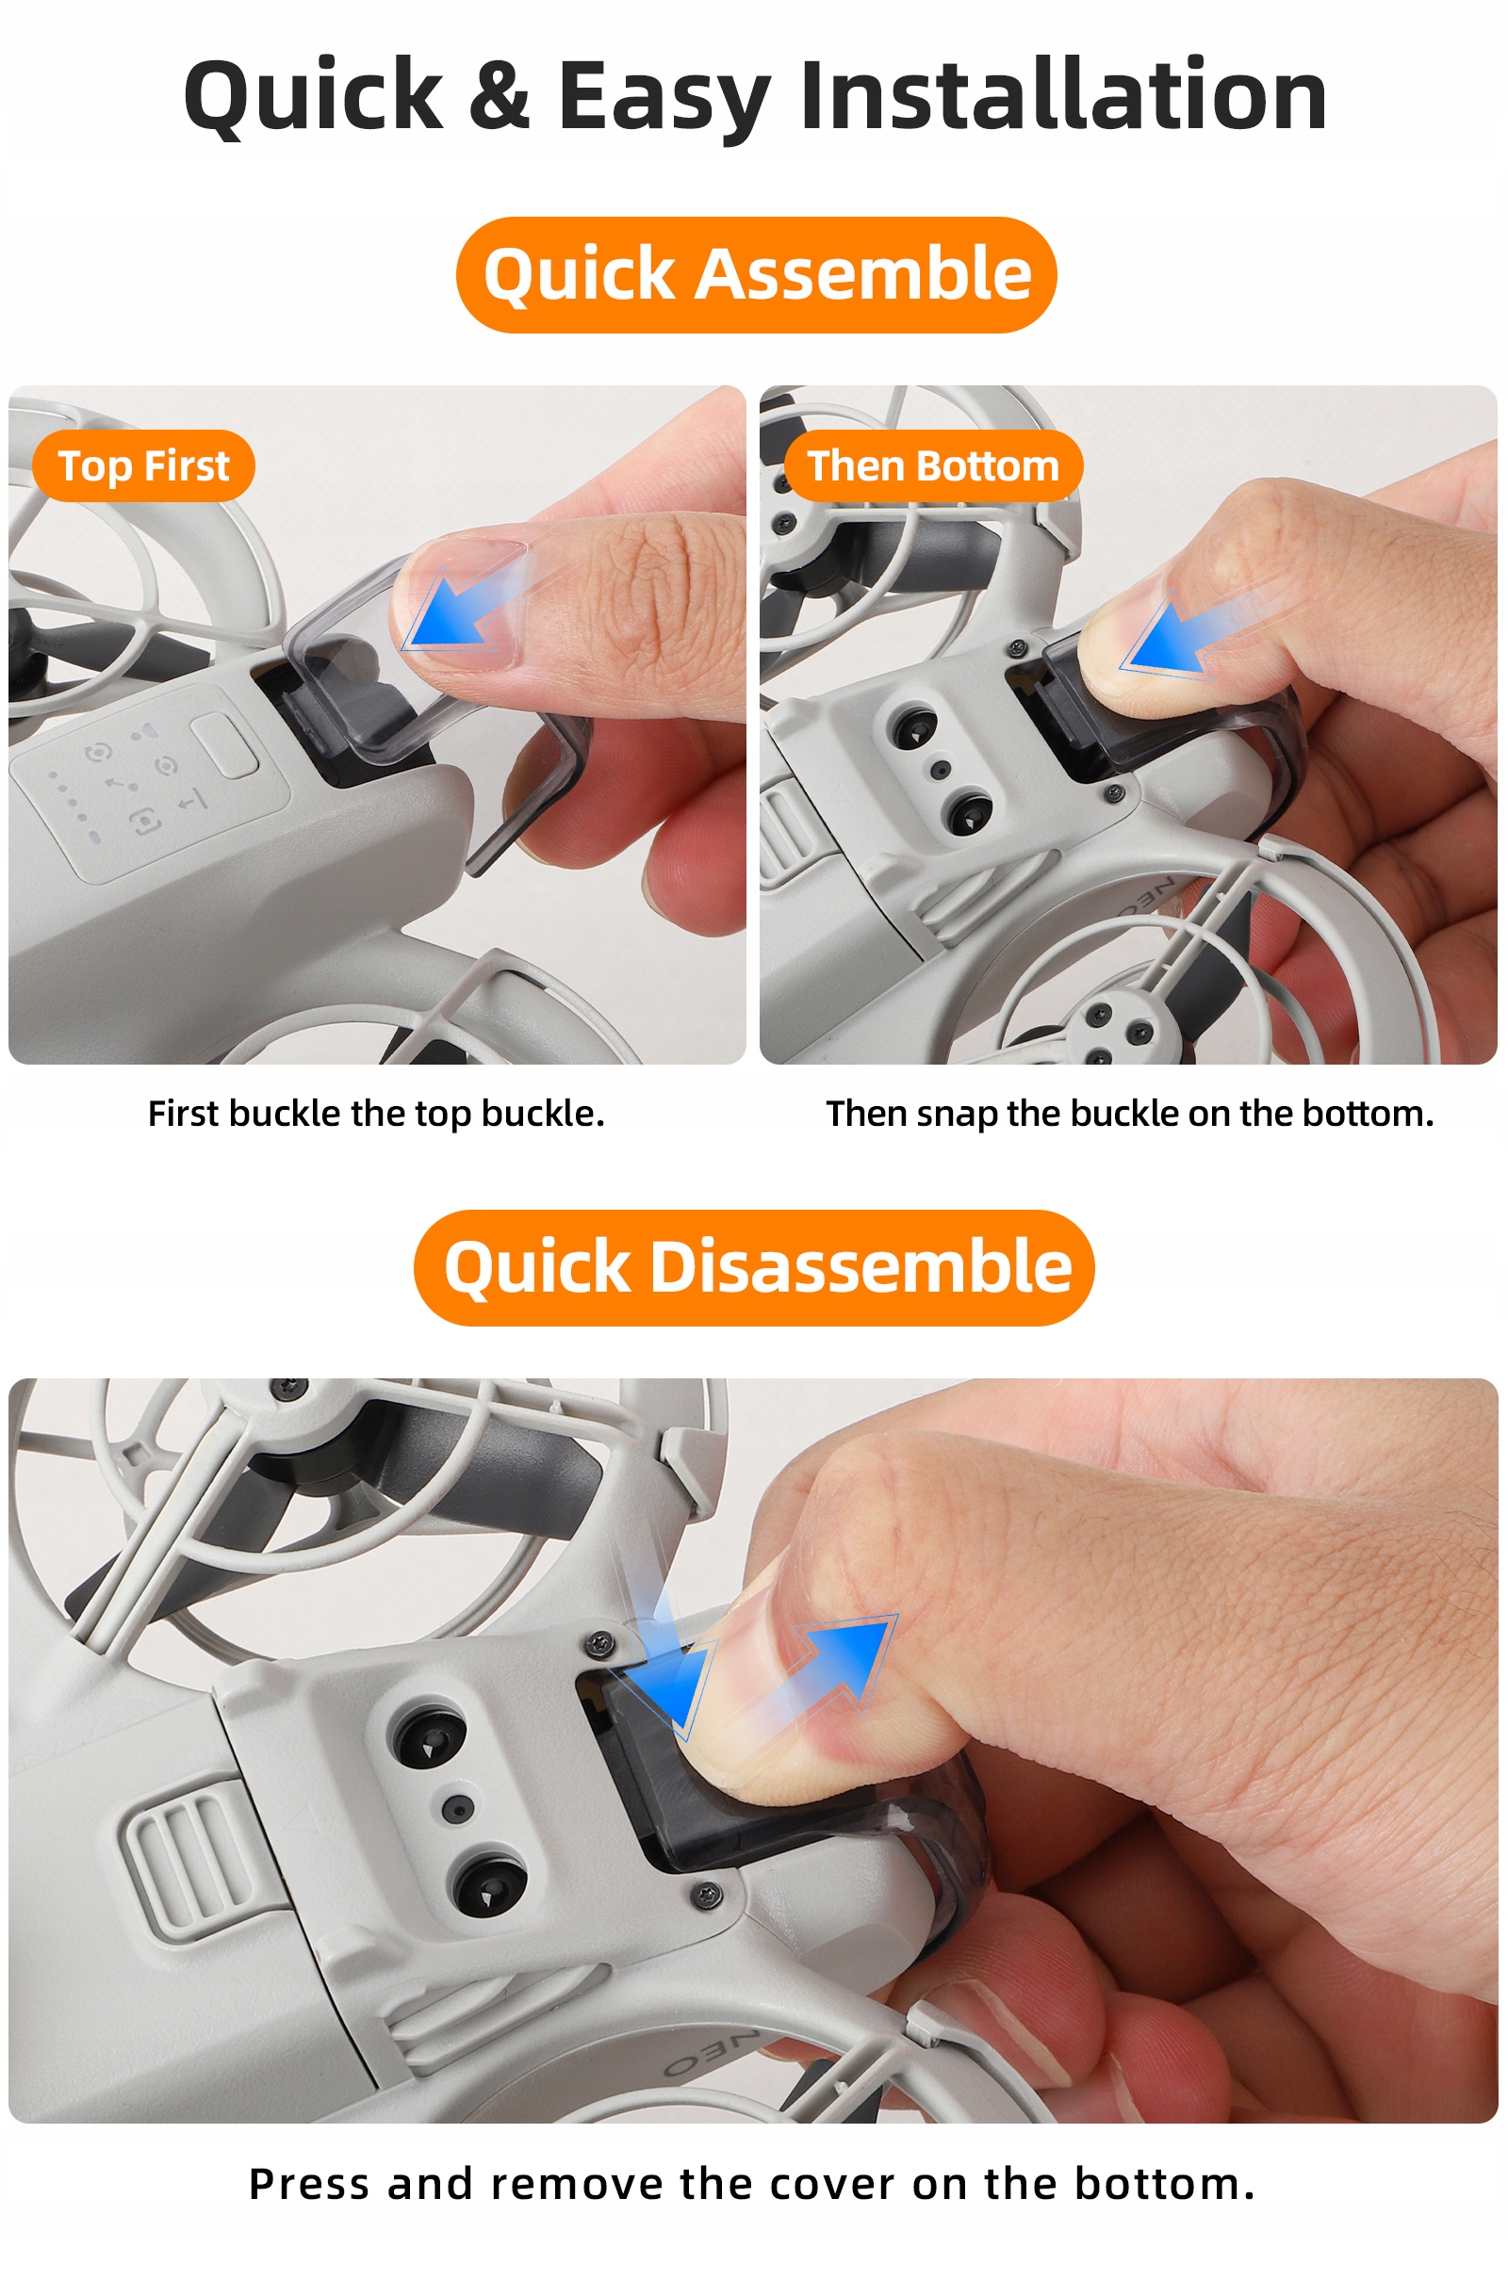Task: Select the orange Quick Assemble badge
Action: (756, 274)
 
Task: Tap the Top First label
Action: (143, 465)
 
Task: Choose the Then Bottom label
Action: (933, 465)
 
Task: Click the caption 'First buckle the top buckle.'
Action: (376, 1113)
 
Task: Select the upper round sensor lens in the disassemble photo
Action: (430, 1737)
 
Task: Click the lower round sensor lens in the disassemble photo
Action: (490, 1887)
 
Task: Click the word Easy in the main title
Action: (664, 96)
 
